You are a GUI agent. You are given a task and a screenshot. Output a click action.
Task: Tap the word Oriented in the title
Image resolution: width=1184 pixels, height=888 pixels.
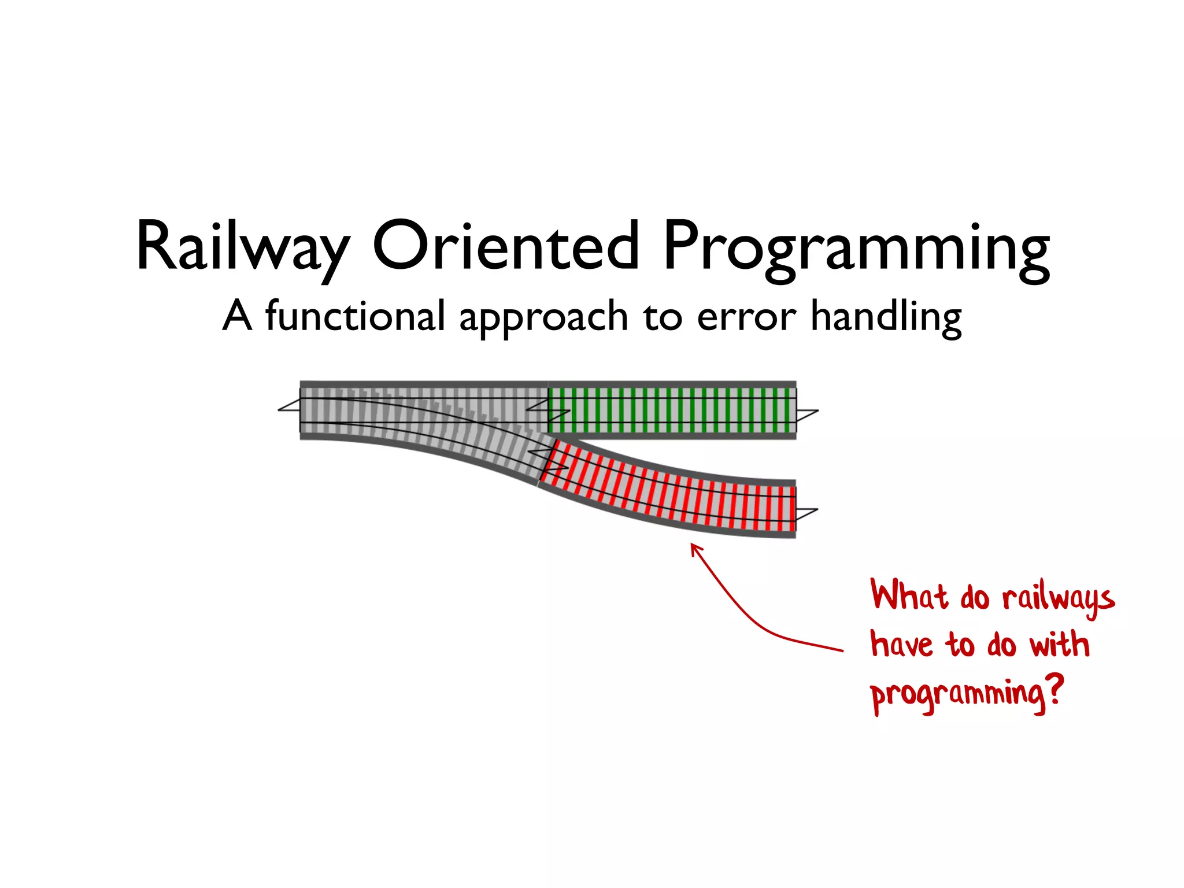tap(505, 246)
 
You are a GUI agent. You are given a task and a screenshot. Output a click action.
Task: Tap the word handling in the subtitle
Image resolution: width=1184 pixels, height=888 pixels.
tap(886, 317)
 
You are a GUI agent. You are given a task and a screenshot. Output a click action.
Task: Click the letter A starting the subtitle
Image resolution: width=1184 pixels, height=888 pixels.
tap(238, 316)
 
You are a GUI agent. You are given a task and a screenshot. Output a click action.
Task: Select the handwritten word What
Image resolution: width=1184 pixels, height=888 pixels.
tap(909, 595)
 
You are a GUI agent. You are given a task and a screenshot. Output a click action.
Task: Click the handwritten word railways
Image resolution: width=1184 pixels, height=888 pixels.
tap(1058, 598)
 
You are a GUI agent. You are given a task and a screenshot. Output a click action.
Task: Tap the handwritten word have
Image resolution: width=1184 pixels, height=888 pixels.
tap(901, 644)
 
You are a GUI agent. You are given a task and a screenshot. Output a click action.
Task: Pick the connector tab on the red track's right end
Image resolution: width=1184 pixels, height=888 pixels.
tap(806, 513)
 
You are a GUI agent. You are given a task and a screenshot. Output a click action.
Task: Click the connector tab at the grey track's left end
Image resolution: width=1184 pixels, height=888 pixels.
tap(289, 407)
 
